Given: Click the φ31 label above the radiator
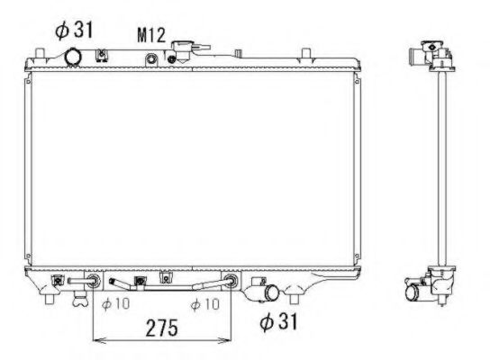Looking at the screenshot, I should tap(74, 30).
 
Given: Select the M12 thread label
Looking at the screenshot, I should tap(150, 35).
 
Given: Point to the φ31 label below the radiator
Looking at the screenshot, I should tap(278, 319).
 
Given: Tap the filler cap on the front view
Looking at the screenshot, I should tap(187, 50).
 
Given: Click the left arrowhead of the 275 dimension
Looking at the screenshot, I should tap(96, 340).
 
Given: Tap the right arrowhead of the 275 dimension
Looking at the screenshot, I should tap(231, 340).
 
